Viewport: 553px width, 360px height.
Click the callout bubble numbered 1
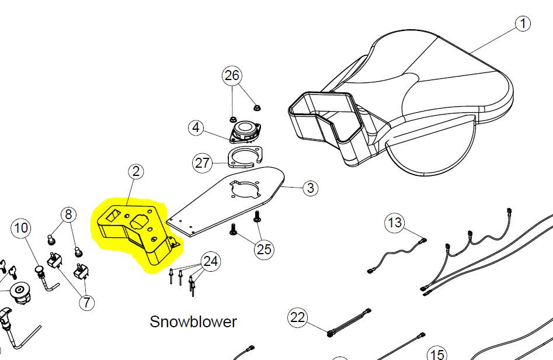(x=523, y=23)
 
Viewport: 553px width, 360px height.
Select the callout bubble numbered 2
(x=136, y=172)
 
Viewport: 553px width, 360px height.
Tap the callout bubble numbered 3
(x=310, y=188)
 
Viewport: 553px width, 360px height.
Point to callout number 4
(x=196, y=127)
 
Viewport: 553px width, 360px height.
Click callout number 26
(x=232, y=75)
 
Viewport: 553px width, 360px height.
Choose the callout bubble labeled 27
(x=203, y=163)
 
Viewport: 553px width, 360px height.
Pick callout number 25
(x=264, y=249)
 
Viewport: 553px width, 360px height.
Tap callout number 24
(x=211, y=262)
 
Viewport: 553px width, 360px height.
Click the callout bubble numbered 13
(x=395, y=223)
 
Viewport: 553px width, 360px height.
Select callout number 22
(x=298, y=318)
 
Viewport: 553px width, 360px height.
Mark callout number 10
(x=21, y=228)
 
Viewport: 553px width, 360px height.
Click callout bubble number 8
(x=68, y=214)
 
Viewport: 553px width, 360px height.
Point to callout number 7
(x=87, y=303)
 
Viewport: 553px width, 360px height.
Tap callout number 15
(x=437, y=354)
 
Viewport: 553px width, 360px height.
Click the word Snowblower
(x=193, y=322)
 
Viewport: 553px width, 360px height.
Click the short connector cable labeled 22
(x=349, y=323)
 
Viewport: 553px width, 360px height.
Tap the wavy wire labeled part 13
(x=397, y=254)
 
